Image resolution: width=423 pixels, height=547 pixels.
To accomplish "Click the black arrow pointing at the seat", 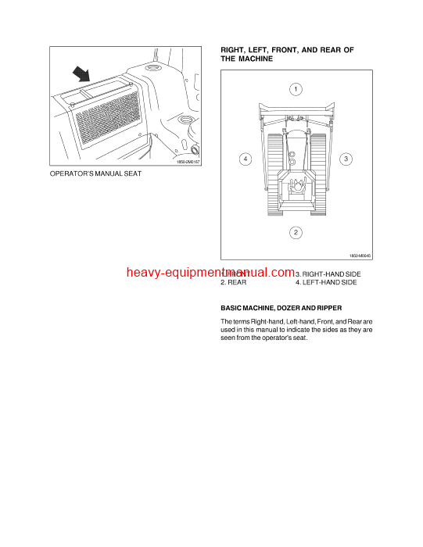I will [80, 75].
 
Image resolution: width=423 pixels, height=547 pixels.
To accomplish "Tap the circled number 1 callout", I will [296, 89].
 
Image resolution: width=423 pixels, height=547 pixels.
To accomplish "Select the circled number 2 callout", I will [296, 232].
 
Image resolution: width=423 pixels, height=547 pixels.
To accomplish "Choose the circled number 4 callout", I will [245, 159].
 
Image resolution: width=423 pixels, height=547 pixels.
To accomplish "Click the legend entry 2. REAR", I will [234, 281].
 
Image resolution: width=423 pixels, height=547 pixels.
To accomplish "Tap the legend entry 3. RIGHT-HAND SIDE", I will [329, 273].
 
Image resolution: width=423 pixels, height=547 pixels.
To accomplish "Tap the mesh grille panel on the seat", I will [109, 117].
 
